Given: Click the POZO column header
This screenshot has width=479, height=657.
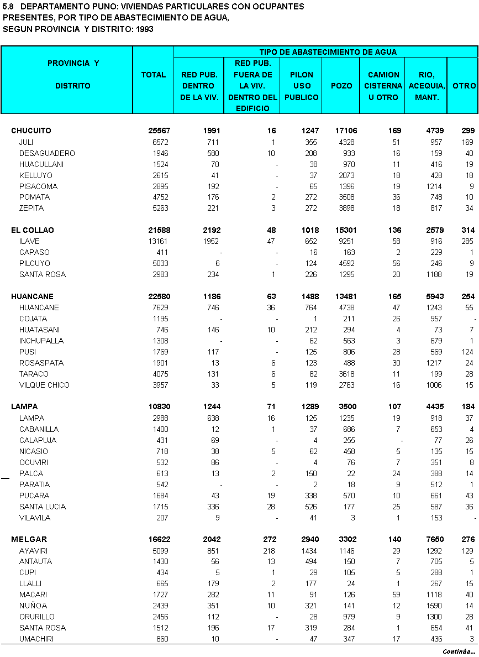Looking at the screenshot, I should (341, 86).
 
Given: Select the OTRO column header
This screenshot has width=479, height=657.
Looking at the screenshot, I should (464, 86).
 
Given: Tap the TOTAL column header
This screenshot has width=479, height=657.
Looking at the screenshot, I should (154, 75).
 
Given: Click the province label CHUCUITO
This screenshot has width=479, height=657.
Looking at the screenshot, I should (31, 131).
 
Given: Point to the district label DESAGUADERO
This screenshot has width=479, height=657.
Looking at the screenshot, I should (47, 153).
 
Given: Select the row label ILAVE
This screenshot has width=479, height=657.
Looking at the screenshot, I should (29, 241).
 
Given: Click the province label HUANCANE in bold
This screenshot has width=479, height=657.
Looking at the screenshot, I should (32, 296).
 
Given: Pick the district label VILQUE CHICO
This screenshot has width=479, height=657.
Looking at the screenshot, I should (44, 385).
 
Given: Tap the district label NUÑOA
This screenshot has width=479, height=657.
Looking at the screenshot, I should (32, 606).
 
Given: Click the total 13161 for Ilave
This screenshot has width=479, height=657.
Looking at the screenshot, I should (160, 241).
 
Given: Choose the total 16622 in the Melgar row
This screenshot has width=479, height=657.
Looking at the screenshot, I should (159, 539).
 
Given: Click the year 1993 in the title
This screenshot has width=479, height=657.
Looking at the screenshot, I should (143, 29).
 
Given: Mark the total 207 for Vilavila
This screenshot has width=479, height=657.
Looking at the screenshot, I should (162, 518).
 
